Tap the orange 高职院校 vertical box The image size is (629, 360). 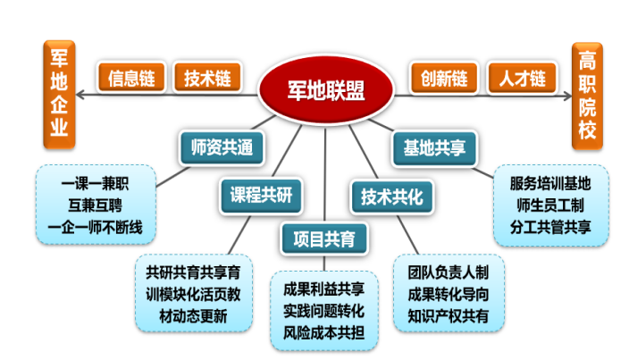[x=587, y=94]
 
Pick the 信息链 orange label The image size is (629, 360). [x=131, y=78]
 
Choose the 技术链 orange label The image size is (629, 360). [x=207, y=78]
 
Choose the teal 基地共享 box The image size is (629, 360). [x=433, y=146]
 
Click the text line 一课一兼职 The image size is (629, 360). [x=96, y=185]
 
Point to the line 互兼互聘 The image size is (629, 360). [x=96, y=205]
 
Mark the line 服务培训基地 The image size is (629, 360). [x=550, y=185]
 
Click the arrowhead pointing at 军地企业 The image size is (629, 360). [x=81, y=94]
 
